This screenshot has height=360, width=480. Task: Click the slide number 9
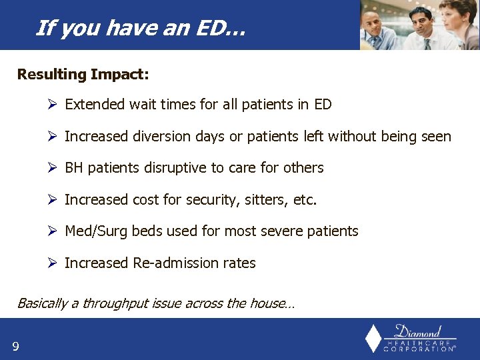click(x=15, y=345)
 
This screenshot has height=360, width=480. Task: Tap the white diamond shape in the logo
click(x=374, y=339)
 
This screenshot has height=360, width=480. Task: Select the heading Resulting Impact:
click(x=83, y=74)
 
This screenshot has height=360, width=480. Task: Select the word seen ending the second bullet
click(x=436, y=137)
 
